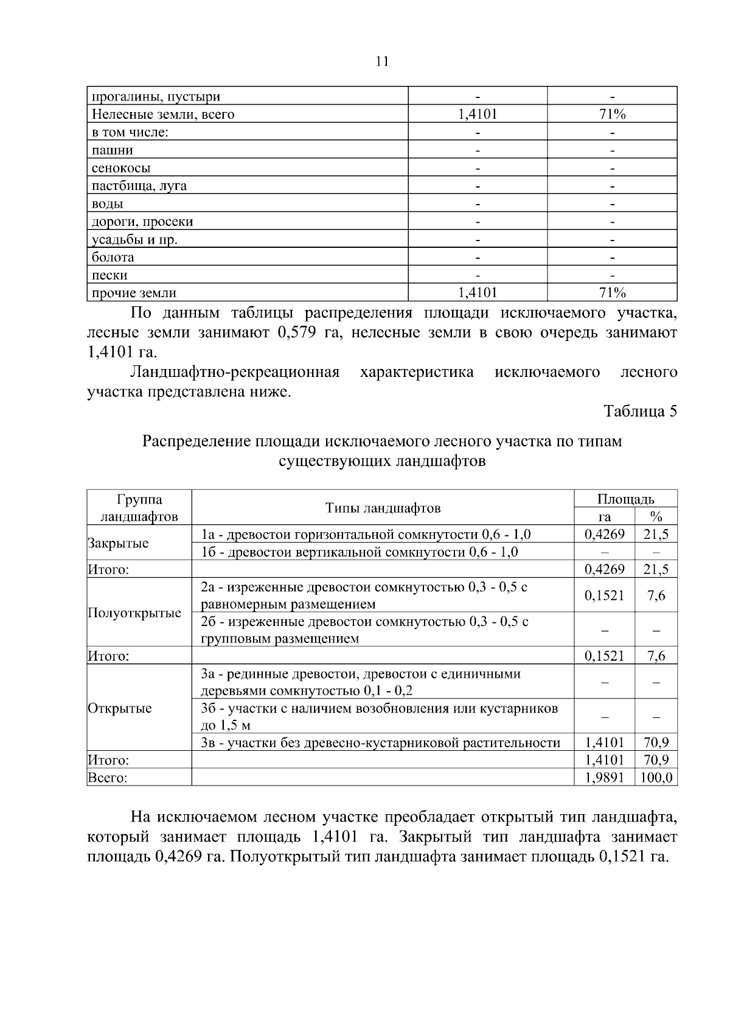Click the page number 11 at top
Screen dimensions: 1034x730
(382, 62)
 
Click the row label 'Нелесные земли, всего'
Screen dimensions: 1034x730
(162, 114)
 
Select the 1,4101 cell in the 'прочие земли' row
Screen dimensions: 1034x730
(478, 293)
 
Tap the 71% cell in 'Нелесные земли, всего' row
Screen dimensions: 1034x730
(612, 114)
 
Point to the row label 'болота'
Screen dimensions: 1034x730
(113, 257)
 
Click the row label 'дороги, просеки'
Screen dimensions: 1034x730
(142, 222)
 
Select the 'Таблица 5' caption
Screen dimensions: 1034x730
(640, 411)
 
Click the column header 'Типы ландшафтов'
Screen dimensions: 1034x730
(383, 508)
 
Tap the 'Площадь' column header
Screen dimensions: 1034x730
(625, 499)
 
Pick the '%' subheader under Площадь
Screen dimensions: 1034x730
(656, 517)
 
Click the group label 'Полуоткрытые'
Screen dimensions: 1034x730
(134, 613)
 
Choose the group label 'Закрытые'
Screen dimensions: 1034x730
(118, 543)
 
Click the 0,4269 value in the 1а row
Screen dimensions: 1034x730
(604, 535)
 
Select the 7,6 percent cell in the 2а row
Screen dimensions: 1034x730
(656, 596)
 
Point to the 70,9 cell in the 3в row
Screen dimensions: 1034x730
(656, 743)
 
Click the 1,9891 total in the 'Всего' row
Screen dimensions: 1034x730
(604, 778)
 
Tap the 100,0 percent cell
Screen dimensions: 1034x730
(656, 778)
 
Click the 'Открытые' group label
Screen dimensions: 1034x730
(120, 708)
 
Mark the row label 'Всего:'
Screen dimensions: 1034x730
(108, 778)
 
